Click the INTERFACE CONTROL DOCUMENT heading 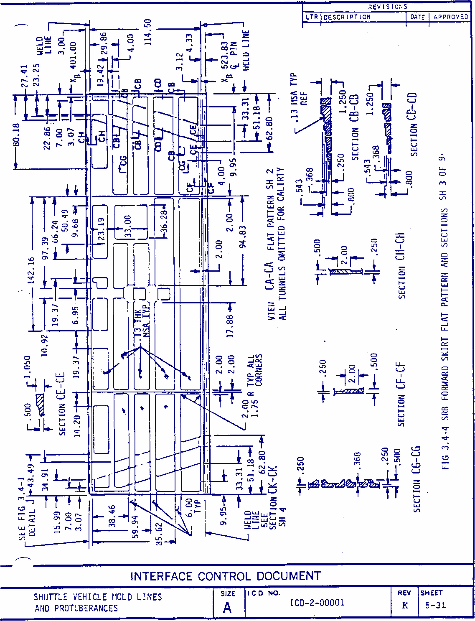[x=225, y=576]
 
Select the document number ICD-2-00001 [x=317, y=603]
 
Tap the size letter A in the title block [x=227, y=608]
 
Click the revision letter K [x=405, y=605]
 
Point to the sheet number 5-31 [x=435, y=605]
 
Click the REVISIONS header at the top [x=387, y=7]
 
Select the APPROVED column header [x=451, y=17]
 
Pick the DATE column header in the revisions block [x=417, y=17]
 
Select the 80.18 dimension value [x=16, y=135]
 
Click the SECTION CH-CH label [x=401, y=266]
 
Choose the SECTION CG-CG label [x=417, y=479]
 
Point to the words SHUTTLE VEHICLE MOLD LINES [x=98, y=597]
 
